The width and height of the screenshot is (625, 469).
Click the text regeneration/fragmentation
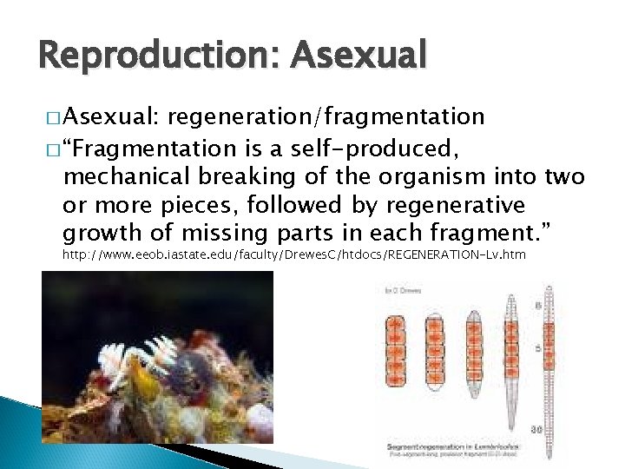[326, 116]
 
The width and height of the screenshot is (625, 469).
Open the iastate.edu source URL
[294, 254]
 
